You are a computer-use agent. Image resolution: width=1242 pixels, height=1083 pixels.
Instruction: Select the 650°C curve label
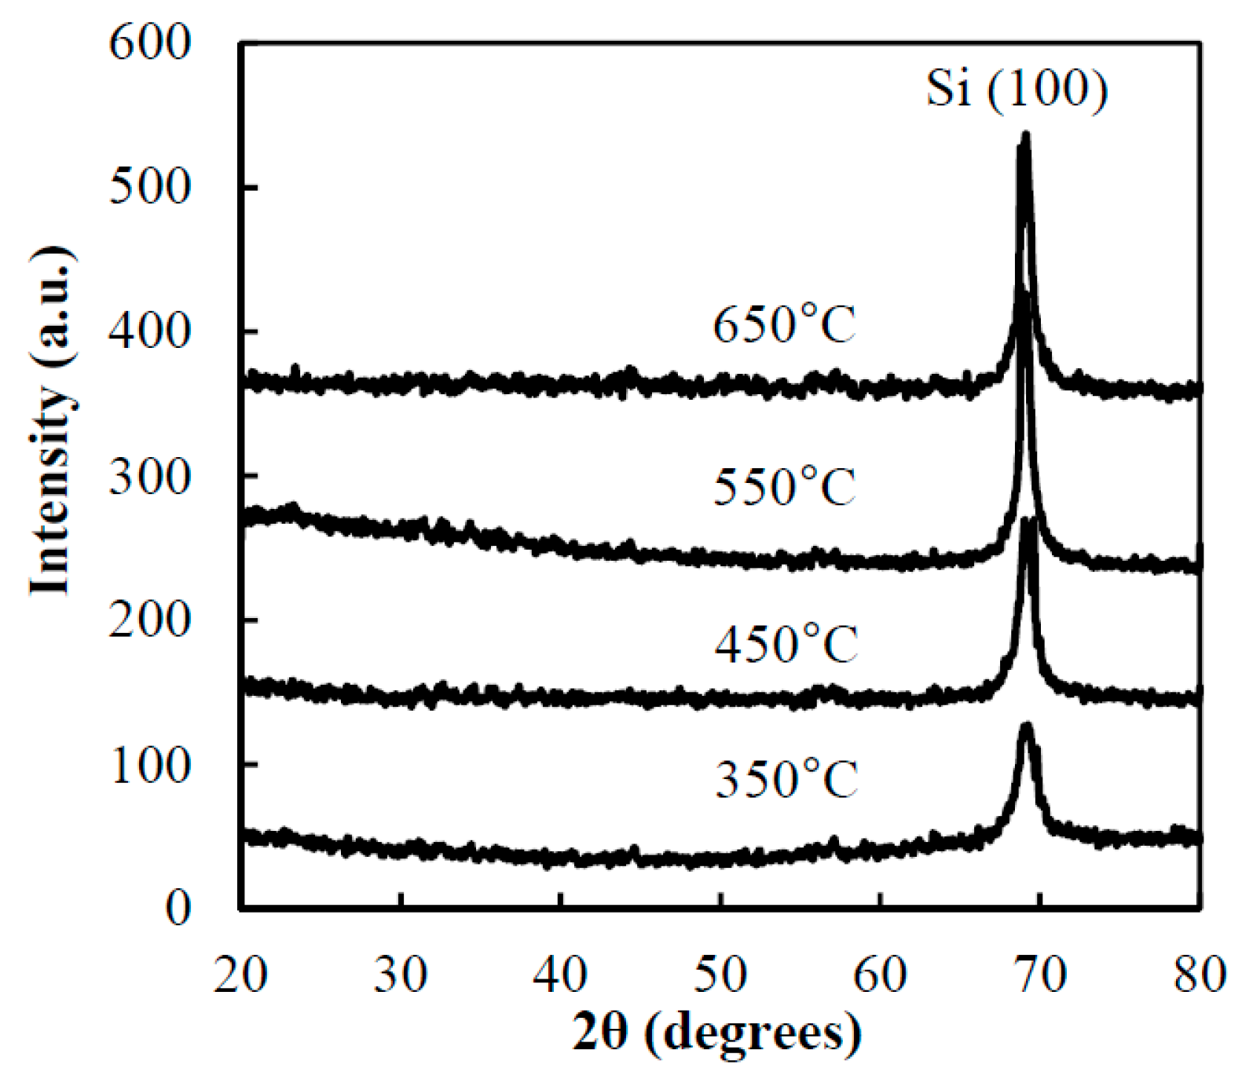(784, 324)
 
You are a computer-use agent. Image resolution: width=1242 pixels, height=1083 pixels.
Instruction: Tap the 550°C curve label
(784, 486)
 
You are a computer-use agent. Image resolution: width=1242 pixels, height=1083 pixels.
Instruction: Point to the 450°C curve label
(785, 645)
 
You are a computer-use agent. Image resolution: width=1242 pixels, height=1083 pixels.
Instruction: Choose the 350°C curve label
(786, 780)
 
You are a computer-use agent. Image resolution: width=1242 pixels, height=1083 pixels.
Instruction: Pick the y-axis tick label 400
(149, 331)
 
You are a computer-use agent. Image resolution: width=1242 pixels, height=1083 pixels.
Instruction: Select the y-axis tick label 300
(149, 476)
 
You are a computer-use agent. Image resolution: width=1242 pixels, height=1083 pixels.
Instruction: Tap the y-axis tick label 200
(149, 620)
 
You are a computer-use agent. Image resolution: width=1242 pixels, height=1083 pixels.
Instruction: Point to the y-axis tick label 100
(149, 764)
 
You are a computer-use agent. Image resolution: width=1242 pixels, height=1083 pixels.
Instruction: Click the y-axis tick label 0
(178, 909)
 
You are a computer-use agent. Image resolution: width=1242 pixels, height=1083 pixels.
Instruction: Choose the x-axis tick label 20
(240, 975)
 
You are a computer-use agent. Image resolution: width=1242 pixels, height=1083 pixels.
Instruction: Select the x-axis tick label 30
(401, 975)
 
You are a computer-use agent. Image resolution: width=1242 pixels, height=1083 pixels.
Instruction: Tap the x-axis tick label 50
(720, 975)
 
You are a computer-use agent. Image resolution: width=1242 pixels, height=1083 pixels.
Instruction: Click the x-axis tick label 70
(1039, 975)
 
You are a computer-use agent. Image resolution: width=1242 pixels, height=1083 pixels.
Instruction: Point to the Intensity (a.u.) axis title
(52, 422)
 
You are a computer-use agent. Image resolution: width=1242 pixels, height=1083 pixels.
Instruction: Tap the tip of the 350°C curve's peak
(1025, 724)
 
